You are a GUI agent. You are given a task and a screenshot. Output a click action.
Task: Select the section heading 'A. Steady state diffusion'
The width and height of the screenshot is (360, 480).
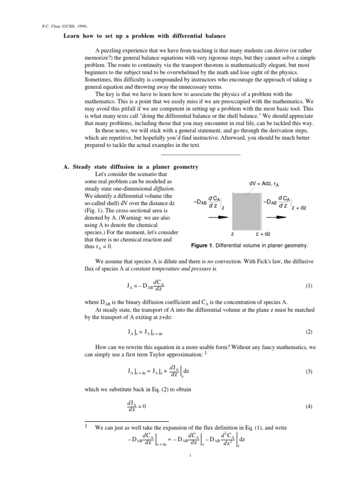point(131,167)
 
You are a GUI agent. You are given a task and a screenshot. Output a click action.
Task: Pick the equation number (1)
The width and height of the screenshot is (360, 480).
point(308,285)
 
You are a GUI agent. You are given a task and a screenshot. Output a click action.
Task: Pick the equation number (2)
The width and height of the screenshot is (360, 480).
point(308,332)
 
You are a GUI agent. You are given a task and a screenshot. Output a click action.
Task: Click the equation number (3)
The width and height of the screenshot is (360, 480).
point(308,371)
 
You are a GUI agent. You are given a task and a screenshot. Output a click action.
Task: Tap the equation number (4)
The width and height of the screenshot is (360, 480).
point(308,406)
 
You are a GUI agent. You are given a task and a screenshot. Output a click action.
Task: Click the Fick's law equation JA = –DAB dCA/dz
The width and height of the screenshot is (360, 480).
point(145,285)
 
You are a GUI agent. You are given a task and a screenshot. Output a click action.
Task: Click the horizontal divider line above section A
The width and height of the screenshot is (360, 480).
point(200,154)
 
